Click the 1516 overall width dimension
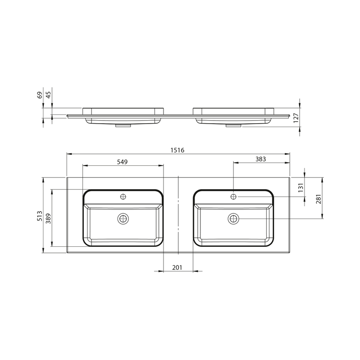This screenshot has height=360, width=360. pos(177,150)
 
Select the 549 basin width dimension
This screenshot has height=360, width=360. pos(122,162)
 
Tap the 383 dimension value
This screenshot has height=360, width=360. pos(261,159)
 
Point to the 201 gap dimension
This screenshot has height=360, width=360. pos(177,268)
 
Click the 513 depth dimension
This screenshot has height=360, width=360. pos(40,216)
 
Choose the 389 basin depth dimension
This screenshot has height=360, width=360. pos(48,219)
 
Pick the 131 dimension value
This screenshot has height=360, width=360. pos(301,187)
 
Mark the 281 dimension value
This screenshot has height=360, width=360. pos(318,199)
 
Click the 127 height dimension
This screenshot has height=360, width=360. pos(296,118)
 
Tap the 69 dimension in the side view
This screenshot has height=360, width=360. pos(40,95)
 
